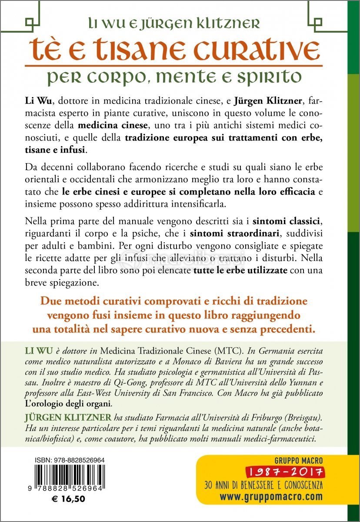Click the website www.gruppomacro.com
coord(271,496)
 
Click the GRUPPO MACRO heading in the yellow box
coord(298,460)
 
